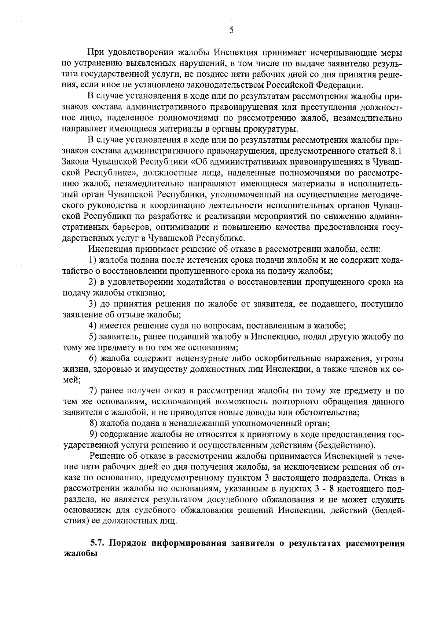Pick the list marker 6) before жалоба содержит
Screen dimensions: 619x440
click(93, 358)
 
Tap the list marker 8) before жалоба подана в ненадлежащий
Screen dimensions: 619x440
click(93, 423)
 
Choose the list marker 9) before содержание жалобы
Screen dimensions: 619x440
click(93, 434)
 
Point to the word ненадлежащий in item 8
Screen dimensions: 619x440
click(202, 423)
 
